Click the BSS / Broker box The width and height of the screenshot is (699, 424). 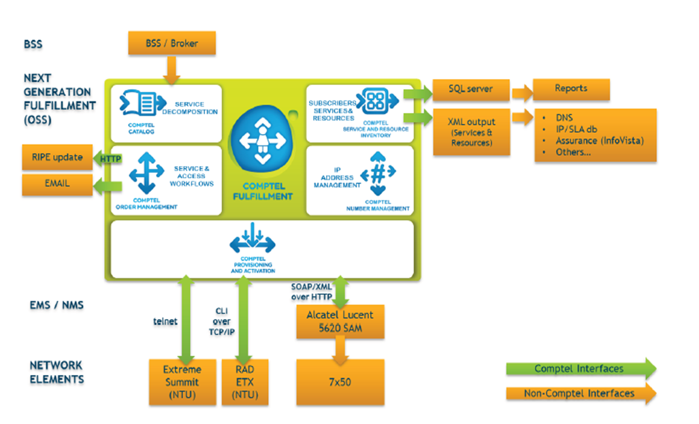[x=172, y=44]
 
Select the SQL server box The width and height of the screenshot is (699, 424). [x=471, y=88]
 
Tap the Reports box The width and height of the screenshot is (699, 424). [x=570, y=88]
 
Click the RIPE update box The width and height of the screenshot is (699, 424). [x=56, y=157]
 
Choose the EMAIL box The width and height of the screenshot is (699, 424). [x=56, y=184]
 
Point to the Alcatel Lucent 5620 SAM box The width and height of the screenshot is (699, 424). [x=340, y=321]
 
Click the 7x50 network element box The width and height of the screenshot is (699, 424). [x=340, y=382]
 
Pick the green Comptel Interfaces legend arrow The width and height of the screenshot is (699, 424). [x=581, y=369]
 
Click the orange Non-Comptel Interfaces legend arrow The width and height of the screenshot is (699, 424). [x=581, y=393]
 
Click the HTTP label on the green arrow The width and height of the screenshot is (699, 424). [x=110, y=159]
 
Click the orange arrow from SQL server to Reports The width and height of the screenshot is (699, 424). [x=521, y=90]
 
